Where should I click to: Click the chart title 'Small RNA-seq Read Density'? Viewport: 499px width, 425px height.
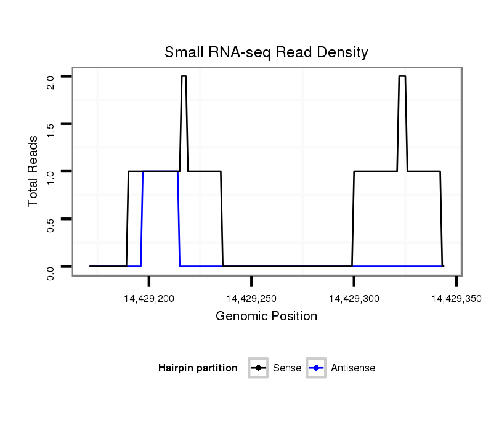266,52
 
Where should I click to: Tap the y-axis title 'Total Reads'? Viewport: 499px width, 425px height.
34,171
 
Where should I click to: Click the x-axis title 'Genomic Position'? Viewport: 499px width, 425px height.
266,317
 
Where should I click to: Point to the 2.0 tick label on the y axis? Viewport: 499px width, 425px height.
51,82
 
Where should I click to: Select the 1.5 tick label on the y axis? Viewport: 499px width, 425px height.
51,129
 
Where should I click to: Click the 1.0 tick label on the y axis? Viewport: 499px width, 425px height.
51,177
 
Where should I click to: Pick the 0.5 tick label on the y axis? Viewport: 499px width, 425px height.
51,224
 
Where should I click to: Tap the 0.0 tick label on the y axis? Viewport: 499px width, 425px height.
51,272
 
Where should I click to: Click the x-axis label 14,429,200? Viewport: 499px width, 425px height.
149,299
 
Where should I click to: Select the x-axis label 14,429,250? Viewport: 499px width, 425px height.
251,299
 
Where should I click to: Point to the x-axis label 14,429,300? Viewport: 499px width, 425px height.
354,299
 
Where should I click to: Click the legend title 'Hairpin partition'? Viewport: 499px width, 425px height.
198,368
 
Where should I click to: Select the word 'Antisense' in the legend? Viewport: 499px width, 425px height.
353,368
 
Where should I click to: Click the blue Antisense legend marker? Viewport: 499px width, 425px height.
316,368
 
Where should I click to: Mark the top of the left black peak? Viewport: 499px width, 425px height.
184,76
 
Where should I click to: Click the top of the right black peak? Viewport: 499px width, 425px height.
402,76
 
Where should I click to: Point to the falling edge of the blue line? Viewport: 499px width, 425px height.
179,219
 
